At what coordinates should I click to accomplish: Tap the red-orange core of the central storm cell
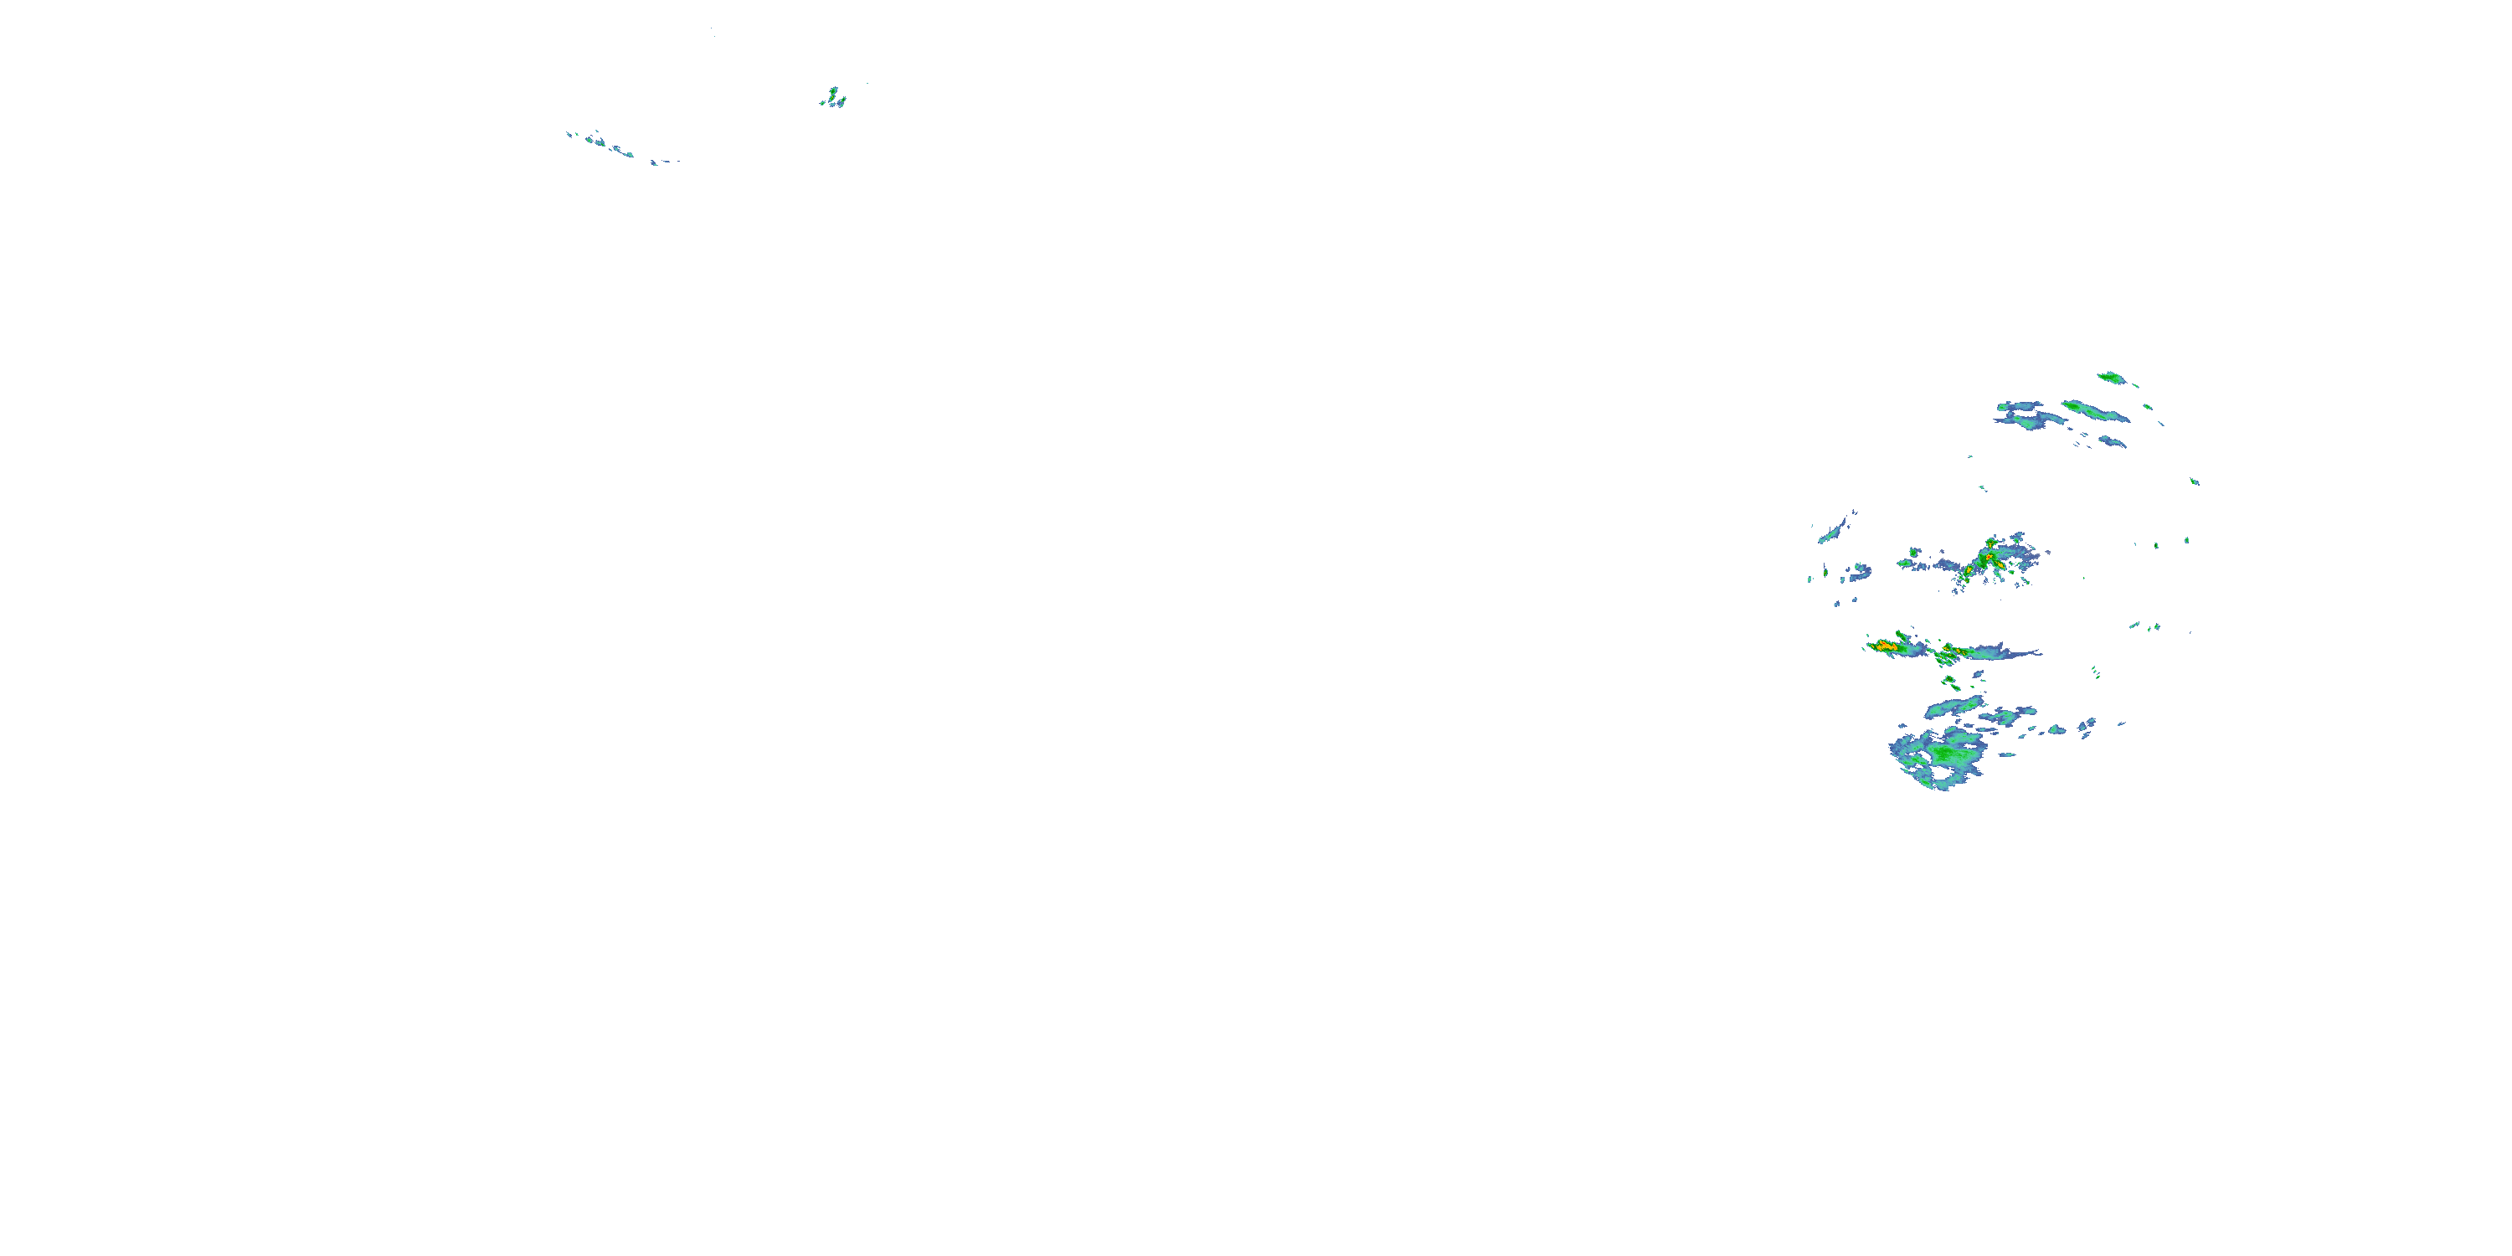click(x=1984, y=559)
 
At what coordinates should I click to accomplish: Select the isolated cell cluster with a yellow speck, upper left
click(x=834, y=97)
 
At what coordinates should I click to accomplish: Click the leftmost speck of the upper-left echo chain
click(x=569, y=135)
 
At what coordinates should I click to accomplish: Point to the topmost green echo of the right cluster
click(x=2111, y=378)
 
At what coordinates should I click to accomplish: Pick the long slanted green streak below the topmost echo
click(x=2095, y=410)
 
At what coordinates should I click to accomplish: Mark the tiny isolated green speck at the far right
click(x=2194, y=481)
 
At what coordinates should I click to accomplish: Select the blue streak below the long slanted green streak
click(x=2111, y=442)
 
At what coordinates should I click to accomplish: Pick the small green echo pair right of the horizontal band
click(x=2145, y=626)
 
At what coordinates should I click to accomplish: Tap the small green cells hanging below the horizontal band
click(x=1948, y=682)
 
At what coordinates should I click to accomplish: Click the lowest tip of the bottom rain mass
click(x=1941, y=787)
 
